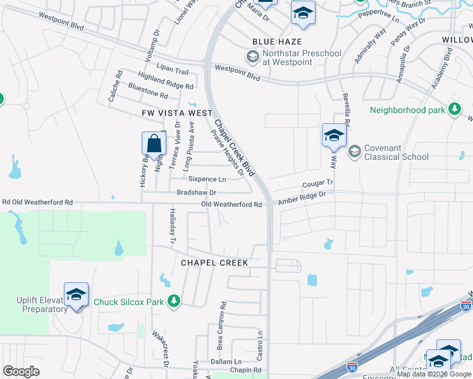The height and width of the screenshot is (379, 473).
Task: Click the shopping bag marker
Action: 154,144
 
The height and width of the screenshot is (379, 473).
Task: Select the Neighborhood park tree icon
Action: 453,110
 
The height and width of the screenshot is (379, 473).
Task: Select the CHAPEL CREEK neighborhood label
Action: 214,262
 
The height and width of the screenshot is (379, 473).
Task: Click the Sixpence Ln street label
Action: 206,179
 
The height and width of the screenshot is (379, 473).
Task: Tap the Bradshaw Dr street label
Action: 196,192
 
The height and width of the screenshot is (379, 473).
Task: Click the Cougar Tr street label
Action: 317,183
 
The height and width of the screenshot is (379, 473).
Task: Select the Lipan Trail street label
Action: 173,71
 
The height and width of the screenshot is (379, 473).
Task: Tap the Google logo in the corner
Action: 21,371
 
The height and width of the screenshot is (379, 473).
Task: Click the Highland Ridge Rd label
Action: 165,81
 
